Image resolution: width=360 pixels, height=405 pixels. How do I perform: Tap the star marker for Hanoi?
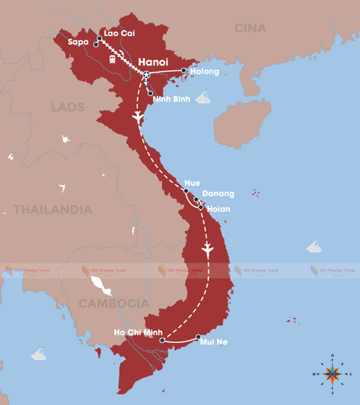tap(146, 75)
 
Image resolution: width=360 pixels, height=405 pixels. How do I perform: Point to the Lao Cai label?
tap(120, 32)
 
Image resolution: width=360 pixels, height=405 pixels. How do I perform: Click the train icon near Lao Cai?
tap(112, 59)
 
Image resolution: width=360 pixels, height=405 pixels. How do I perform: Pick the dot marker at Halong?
tap(184, 70)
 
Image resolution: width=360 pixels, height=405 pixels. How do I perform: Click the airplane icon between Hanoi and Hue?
tap(137, 118)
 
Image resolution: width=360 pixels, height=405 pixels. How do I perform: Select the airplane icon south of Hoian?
tap(207, 250)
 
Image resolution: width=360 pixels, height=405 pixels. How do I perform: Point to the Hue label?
tap(192, 183)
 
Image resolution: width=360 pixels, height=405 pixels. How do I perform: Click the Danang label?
tap(218, 193)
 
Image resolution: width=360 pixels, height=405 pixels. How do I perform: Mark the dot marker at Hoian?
tap(201, 207)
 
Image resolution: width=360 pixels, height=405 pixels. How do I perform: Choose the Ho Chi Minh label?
tap(138, 332)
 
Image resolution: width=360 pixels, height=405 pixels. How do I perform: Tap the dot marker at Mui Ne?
tap(198, 337)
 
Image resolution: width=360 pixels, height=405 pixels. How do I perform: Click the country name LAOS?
tap(68, 107)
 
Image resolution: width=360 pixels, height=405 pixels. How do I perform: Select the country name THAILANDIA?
tap(53, 209)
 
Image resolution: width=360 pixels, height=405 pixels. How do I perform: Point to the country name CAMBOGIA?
tap(113, 304)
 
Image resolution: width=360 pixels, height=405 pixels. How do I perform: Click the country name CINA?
tap(250, 28)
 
